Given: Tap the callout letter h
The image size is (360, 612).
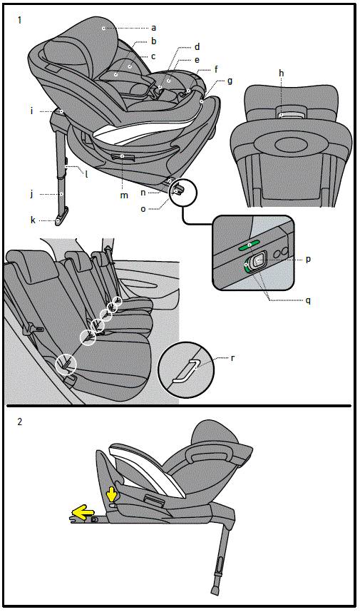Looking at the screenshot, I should point(282,73).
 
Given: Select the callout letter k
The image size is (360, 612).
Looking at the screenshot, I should point(33,220).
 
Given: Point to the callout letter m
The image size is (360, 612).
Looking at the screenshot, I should point(124,195).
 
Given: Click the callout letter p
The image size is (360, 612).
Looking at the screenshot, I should point(308,260).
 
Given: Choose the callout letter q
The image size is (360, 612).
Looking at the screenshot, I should point(308,300).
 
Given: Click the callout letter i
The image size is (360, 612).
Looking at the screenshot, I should point(32,111).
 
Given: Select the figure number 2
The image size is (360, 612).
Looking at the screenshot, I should point(20,422).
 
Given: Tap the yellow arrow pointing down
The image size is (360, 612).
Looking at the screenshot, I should point(111,494).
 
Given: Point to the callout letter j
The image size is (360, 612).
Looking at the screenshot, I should point(32,193).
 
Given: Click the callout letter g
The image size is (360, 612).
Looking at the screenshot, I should point(230,81).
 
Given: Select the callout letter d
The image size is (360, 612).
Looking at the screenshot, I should point(197,46).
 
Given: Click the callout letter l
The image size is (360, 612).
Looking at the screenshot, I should point(86,173).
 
